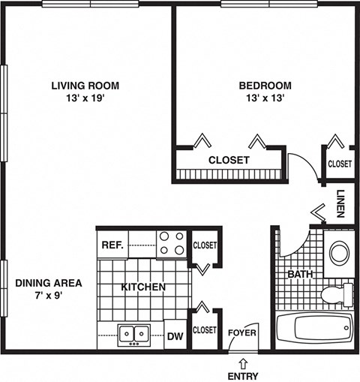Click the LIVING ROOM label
point(85,86)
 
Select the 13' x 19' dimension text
point(85,98)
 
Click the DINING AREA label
point(47,283)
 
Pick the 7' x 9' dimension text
point(47,296)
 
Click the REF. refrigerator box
point(112,244)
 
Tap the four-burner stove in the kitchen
point(171,243)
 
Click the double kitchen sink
point(133,332)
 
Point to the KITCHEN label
point(143,287)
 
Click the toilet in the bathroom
point(335,293)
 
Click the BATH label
point(300,275)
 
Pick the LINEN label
point(340,203)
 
